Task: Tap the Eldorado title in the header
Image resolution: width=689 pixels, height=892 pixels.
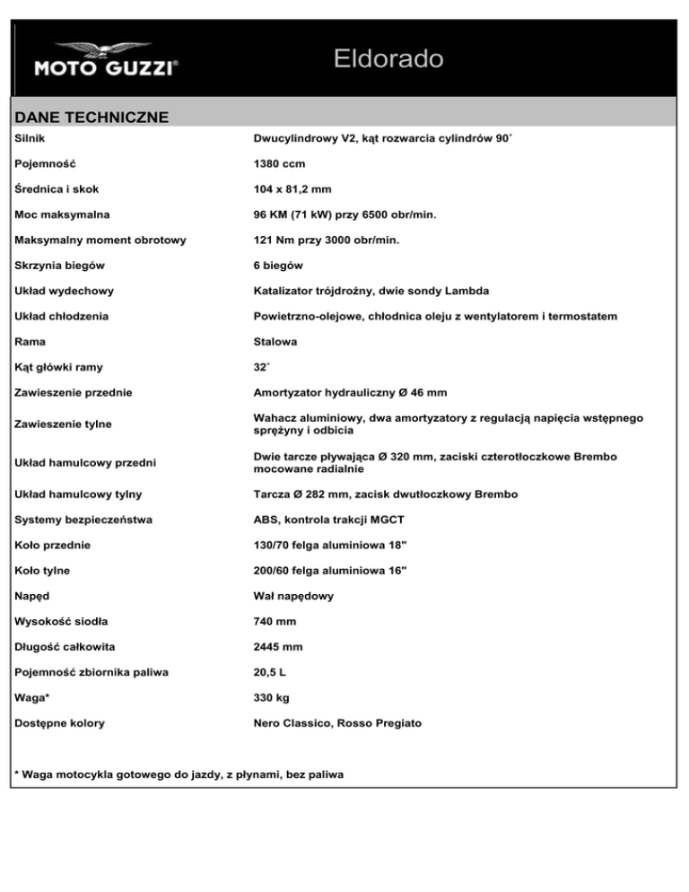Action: pos(388,60)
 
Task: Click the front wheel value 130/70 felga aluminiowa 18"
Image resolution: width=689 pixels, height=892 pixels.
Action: pos(330,545)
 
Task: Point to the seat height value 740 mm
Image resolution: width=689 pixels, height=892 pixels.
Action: pos(277,621)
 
